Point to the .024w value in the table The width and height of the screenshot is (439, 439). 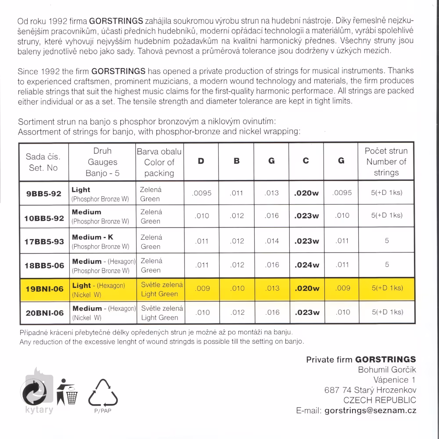[306, 265]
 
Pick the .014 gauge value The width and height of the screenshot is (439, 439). [272, 241]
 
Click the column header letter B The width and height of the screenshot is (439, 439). [237, 161]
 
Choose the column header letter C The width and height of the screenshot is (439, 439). [306, 161]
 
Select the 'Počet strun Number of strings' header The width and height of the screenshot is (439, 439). [386, 162]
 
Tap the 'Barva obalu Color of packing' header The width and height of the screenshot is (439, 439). [159, 162]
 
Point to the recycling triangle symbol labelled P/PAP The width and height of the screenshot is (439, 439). [104, 394]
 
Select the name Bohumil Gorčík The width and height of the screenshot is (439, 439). [387, 370]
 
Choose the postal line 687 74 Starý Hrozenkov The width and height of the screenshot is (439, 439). [370, 390]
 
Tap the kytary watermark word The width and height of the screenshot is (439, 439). [39, 410]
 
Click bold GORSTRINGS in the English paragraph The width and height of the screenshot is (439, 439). [119, 71]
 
